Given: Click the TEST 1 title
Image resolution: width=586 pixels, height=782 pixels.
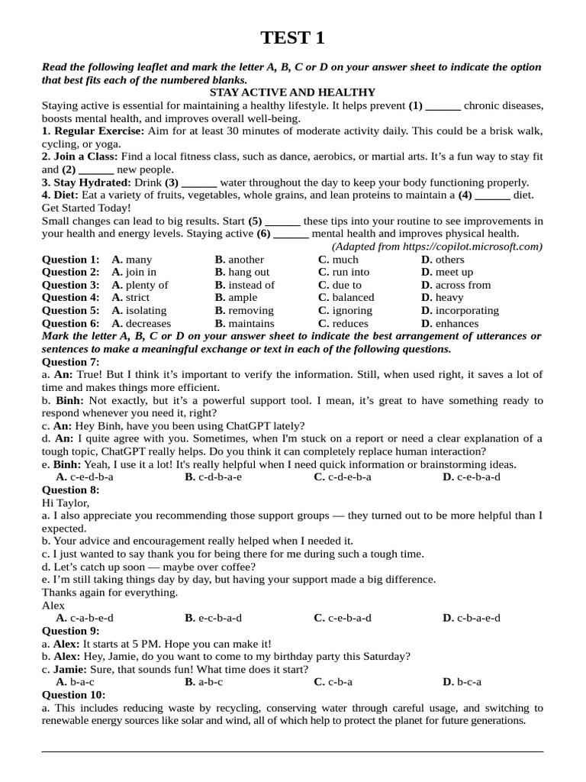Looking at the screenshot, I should click(x=292, y=37).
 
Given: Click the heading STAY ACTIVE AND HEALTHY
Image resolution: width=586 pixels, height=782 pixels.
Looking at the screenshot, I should click(x=292, y=92).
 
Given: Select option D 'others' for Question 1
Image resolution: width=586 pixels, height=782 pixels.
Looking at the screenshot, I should click(x=449, y=260).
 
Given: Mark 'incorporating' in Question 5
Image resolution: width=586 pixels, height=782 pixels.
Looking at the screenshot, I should click(x=466, y=310).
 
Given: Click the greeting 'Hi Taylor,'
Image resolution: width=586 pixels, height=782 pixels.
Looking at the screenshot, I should click(x=66, y=502).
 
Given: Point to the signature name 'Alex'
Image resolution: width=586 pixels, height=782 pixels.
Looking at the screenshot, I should click(x=53, y=605).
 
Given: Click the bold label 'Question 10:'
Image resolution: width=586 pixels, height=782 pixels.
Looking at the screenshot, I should click(x=73, y=695).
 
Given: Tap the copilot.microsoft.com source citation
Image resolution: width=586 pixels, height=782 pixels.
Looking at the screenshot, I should click(x=437, y=247).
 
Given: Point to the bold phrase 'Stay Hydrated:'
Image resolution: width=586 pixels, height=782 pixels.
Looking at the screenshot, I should click(x=86, y=183).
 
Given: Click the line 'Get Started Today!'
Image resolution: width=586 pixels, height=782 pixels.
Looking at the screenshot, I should click(x=86, y=208).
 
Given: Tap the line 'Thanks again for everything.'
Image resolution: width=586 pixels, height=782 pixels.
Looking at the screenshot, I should click(x=110, y=592).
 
